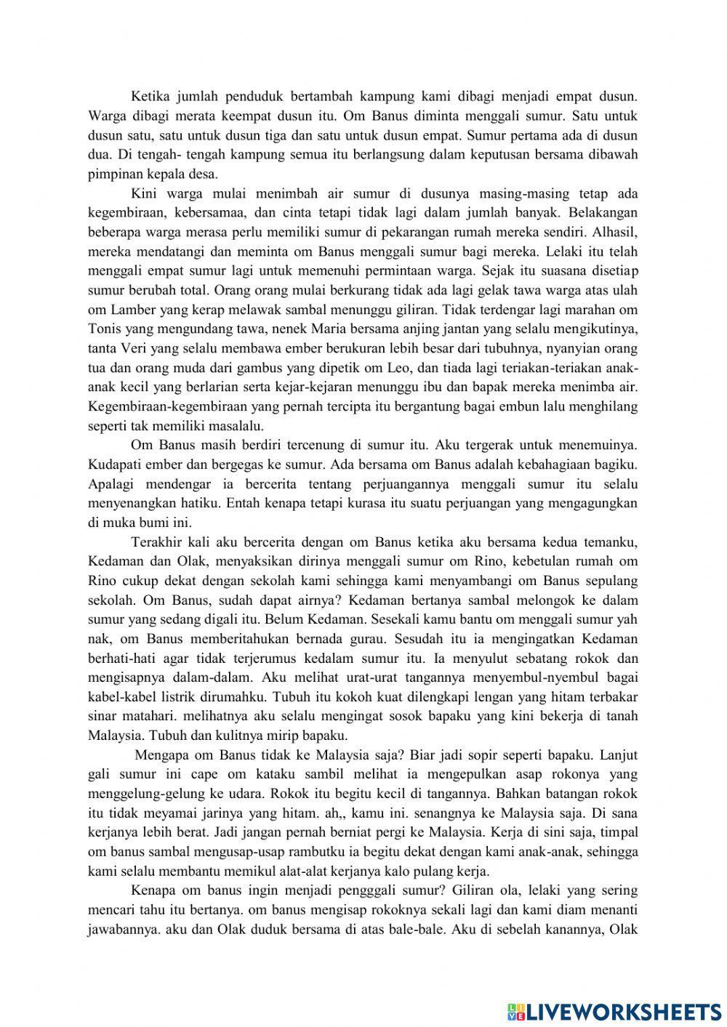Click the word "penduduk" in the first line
click(256, 95)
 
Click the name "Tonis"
click(105, 328)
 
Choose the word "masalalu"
click(228, 425)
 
